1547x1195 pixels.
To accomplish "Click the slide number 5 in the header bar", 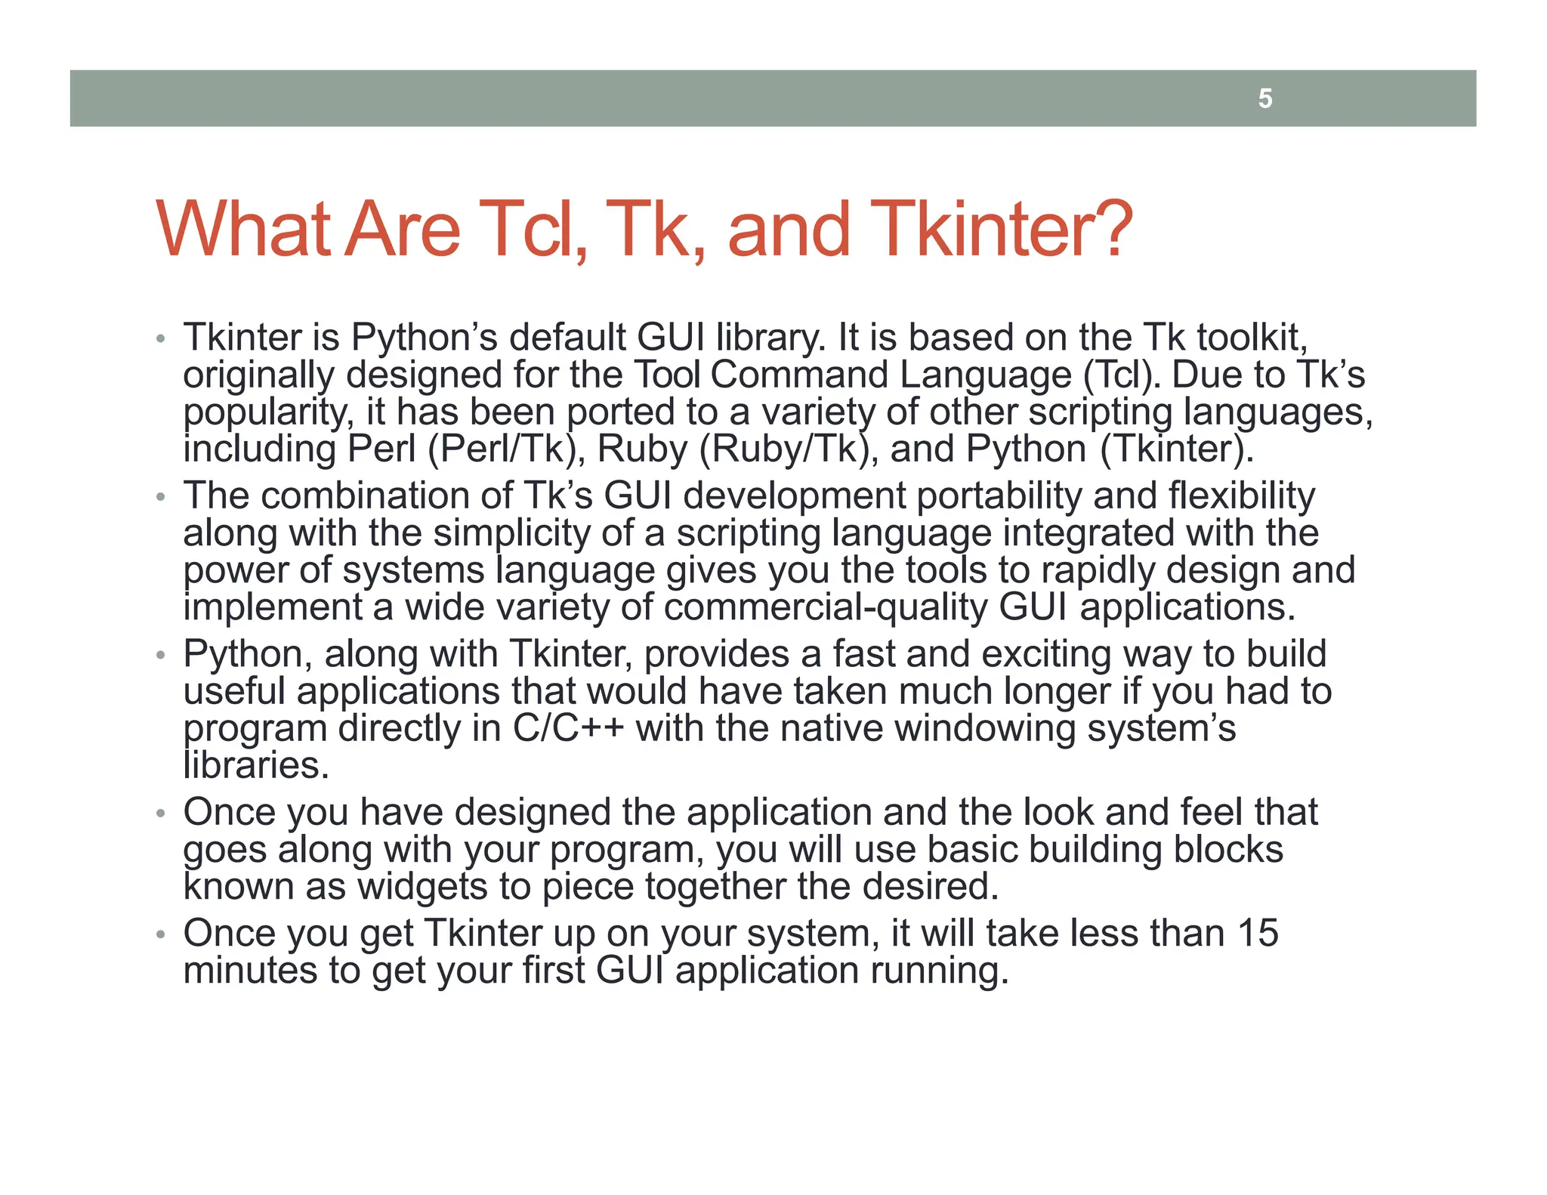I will click(x=1265, y=99).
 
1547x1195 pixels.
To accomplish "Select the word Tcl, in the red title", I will click(x=538, y=229).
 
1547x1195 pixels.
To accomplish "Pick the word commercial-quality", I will click(x=825, y=608).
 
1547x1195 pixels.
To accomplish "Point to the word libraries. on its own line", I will click(x=256, y=766).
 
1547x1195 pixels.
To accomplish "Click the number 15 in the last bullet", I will click(x=1257, y=934).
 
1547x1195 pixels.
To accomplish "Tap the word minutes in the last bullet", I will click(x=250, y=971).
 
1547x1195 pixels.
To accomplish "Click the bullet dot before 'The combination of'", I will click(x=159, y=498).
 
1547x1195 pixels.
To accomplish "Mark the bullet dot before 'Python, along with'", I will click(x=159, y=656).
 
